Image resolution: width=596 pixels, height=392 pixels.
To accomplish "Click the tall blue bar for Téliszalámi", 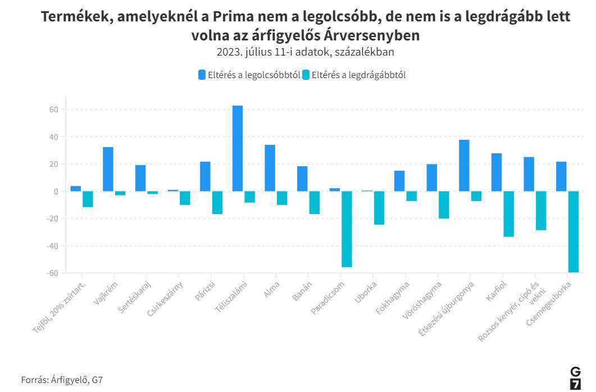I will coord(238,148).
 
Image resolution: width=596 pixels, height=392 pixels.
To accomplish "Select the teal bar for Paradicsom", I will coord(347,229).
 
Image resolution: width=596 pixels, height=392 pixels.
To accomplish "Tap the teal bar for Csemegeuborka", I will coord(574,231).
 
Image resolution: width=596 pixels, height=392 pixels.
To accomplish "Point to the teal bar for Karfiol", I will coord(508,214).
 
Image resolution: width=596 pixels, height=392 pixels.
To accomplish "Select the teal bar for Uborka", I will coord(379,208).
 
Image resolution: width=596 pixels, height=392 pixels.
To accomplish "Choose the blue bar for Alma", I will coord(270,168).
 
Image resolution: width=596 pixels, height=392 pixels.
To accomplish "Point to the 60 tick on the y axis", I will coord(54,110).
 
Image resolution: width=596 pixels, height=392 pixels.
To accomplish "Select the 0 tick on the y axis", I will coord(56,192).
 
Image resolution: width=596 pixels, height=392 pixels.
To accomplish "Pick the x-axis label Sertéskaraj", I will coord(134,299).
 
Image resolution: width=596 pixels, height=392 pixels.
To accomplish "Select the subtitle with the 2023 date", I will coord(306,52).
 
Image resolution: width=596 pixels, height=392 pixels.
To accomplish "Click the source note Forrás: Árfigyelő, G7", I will coord(62,380).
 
